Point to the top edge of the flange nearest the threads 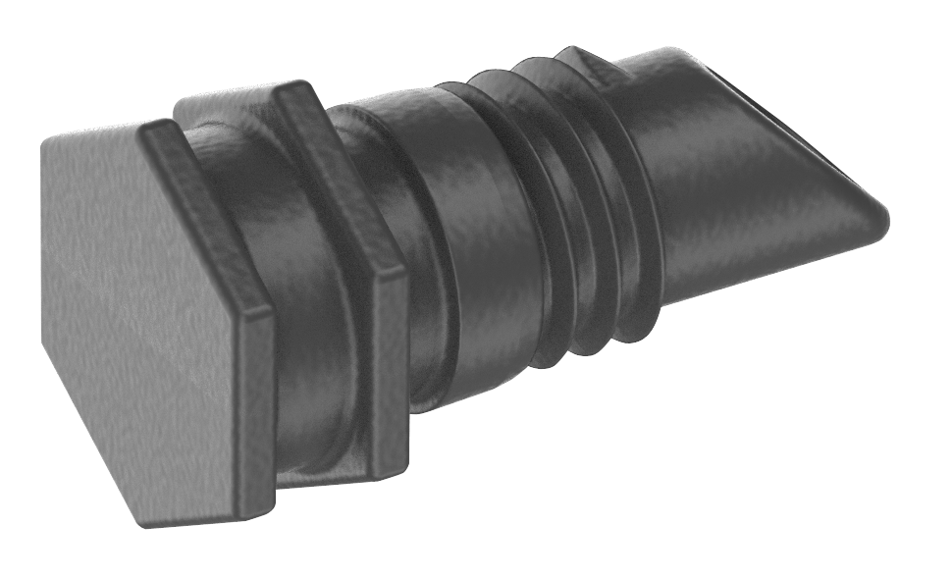294,91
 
